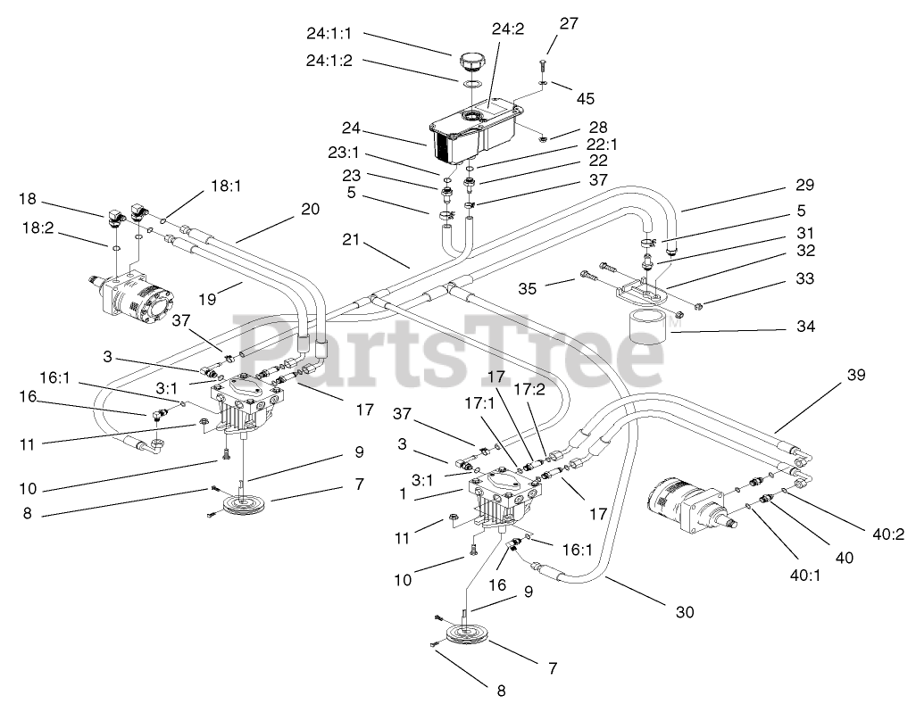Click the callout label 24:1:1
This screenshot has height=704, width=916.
[x=329, y=34]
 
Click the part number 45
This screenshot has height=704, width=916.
[x=585, y=99]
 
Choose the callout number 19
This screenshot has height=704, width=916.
[x=207, y=299]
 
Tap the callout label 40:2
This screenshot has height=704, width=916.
[x=888, y=534]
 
